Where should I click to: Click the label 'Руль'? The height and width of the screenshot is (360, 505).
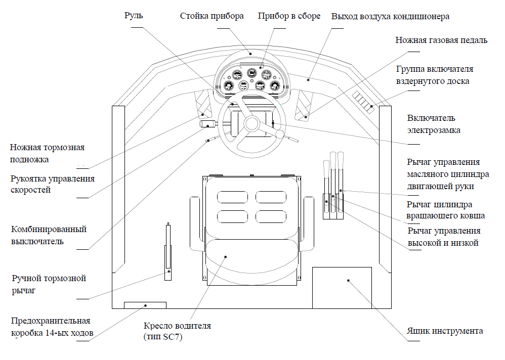[134, 16]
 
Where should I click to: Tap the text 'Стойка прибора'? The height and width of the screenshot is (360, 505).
[212, 16]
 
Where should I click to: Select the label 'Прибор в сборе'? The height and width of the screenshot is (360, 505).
[289, 16]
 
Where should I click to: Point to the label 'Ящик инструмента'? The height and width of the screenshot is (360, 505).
[445, 331]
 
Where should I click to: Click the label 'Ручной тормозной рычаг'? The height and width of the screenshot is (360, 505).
[49, 285]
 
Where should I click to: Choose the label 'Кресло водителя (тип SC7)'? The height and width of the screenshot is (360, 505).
[177, 331]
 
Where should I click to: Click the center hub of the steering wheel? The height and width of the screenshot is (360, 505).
[251, 123]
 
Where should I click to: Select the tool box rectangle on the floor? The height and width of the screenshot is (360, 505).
[342, 287]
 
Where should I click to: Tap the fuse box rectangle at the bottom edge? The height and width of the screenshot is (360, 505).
[145, 305]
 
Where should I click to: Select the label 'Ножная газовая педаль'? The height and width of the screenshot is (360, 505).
[441, 40]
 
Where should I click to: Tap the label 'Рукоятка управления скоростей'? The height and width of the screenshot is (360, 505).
[53, 185]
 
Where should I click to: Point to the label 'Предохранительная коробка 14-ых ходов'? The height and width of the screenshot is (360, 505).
[51, 327]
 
